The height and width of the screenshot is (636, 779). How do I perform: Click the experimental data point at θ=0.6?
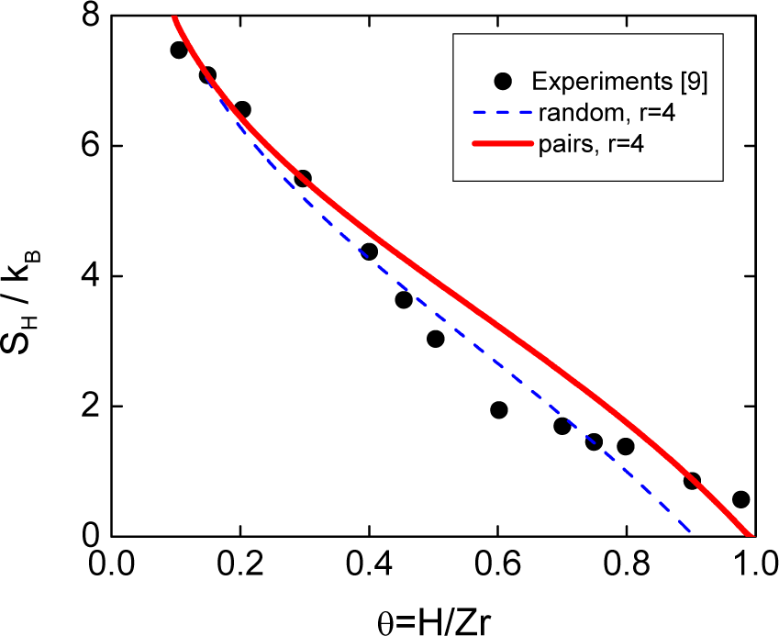point(499,410)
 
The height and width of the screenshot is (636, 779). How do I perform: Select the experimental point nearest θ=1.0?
point(740,499)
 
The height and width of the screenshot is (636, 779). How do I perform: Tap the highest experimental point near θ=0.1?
point(179,50)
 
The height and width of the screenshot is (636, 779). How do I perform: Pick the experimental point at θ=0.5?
point(436,339)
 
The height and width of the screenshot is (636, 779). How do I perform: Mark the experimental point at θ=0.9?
point(692,481)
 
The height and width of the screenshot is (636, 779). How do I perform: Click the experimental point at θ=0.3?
point(303,178)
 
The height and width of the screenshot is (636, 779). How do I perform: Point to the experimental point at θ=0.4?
point(370,251)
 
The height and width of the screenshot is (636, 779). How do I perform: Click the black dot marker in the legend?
point(502,81)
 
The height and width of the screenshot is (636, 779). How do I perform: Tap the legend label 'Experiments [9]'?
point(619,82)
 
